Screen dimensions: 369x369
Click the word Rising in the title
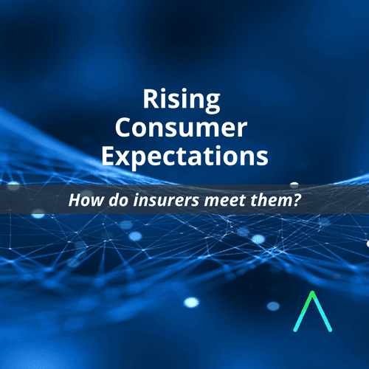click(182, 100)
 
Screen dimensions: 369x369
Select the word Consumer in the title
click(181, 128)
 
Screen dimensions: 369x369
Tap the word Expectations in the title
click(184, 157)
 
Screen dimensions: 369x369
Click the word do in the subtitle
click(119, 200)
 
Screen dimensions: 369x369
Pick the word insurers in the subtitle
click(166, 200)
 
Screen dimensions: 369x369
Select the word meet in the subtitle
click(224, 200)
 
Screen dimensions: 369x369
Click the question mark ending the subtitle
click(296, 200)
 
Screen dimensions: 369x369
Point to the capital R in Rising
click(151, 98)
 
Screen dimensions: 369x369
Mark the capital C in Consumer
click(123, 128)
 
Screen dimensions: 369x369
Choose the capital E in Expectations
click(108, 156)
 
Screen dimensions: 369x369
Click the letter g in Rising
click(212, 103)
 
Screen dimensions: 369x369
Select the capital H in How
click(75, 200)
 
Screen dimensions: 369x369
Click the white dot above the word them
click(294, 184)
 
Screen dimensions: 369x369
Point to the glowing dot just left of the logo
click(273, 306)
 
